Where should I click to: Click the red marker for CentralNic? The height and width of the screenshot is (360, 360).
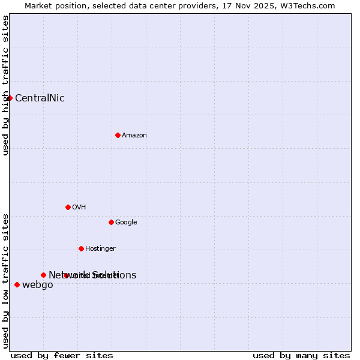coord(10,98)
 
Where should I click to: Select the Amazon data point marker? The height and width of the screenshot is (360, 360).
coord(118,135)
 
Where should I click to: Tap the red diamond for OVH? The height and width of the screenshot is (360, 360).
coord(68,207)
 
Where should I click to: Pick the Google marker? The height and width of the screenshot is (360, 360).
coord(111,222)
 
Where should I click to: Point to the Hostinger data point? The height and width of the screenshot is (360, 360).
coord(81,248)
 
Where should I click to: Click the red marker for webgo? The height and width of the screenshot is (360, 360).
coord(17,284)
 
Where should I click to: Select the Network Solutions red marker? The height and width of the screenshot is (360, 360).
coord(43,275)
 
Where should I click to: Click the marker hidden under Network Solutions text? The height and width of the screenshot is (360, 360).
coord(66,275)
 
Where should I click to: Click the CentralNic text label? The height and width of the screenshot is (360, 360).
coord(40,98)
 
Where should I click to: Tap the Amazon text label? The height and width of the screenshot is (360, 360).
coord(134,136)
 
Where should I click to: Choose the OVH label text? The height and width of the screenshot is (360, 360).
coord(79,208)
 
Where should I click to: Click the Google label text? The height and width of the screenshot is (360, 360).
coord(126,223)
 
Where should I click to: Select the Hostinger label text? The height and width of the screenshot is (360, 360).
coord(100,249)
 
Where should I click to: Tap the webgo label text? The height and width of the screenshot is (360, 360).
coord(37,285)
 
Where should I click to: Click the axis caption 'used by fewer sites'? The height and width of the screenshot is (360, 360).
coord(62,355)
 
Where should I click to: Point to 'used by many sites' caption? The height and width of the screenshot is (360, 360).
coord(301,355)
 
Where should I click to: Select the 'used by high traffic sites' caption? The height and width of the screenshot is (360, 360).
coord(5,85)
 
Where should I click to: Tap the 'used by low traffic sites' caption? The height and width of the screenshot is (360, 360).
coord(5,280)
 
